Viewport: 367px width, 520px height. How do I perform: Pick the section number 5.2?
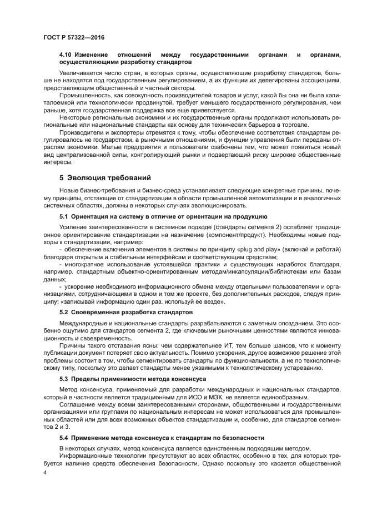point(66,312)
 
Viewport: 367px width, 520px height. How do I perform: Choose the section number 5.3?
point(66,378)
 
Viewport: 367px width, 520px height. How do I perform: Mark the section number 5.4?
point(66,438)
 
